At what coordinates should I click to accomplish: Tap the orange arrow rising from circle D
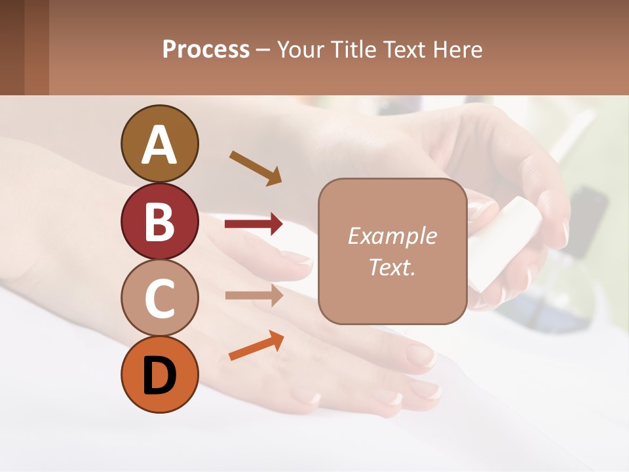point(256,345)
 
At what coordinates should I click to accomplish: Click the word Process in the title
point(206,50)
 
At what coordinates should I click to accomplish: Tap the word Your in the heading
point(301,50)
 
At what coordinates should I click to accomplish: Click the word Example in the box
point(392,236)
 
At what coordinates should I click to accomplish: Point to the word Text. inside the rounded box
point(392,267)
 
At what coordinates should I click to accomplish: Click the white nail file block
point(505,243)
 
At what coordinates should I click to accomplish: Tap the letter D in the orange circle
point(159,376)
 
